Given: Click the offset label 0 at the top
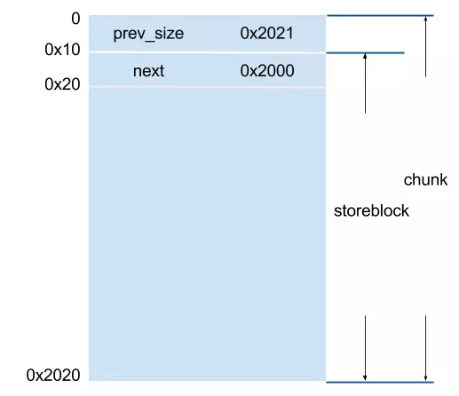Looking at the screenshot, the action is point(75,19).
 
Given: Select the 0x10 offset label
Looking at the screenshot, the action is point(62,50).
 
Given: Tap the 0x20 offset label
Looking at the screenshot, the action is point(62,84).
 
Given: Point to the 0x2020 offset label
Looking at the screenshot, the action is point(53,375).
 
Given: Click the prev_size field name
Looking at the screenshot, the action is point(148,34).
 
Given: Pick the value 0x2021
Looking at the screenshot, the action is point(267,33).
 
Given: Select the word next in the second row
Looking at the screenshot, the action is point(148,71).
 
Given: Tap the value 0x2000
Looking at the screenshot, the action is point(267,71).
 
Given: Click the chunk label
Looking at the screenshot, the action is point(425,180).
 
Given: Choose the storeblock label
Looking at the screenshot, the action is point(371,211).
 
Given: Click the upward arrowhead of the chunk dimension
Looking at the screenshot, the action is point(426,19).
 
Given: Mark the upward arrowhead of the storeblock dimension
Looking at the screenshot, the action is point(365,56).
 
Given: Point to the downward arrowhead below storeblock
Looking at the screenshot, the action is point(365,378).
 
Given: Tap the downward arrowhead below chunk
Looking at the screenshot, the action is point(426,378).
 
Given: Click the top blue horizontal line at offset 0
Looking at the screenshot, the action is point(380,15).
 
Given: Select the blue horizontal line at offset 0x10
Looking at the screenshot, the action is point(365,53).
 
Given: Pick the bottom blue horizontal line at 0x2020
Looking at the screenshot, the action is point(380,382).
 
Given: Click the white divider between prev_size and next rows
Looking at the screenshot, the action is point(207,52).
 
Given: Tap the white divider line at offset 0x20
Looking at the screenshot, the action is point(207,87).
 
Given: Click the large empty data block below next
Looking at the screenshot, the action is point(207,234).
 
